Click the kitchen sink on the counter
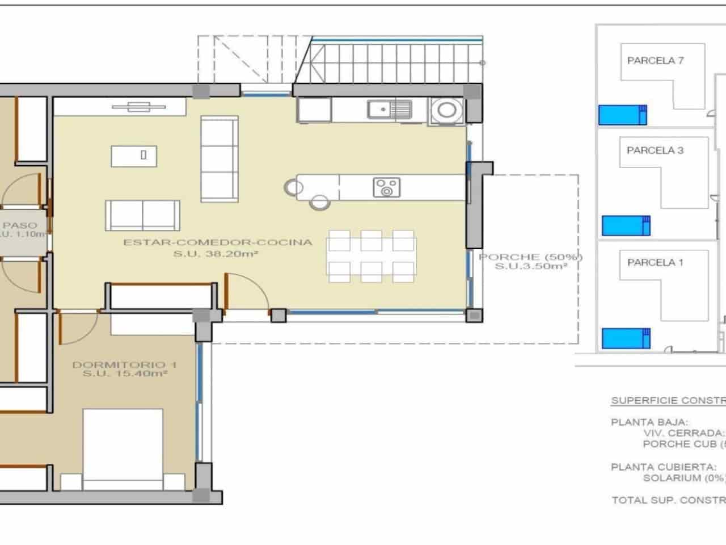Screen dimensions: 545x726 (x=389, y=109)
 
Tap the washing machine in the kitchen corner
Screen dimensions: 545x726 (x=446, y=110)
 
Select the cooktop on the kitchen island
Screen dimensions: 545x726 (x=387, y=187)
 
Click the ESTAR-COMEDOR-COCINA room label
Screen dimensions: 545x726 (x=218, y=242)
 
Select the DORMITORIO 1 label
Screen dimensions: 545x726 (x=125, y=364)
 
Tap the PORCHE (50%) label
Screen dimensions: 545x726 (x=530, y=257)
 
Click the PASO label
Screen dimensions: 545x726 (x=22, y=225)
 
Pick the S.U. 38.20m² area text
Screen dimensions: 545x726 (x=216, y=254)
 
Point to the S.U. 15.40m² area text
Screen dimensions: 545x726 (x=125, y=374)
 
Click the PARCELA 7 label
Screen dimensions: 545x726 (x=655, y=61)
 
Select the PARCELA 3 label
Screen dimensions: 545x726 (x=655, y=150)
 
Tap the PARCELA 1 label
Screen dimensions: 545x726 (x=655, y=262)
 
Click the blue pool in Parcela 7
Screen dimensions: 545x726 (x=622, y=115)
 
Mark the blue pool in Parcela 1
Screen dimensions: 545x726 (x=626, y=338)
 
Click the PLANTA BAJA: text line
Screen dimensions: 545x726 (x=649, y=422)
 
